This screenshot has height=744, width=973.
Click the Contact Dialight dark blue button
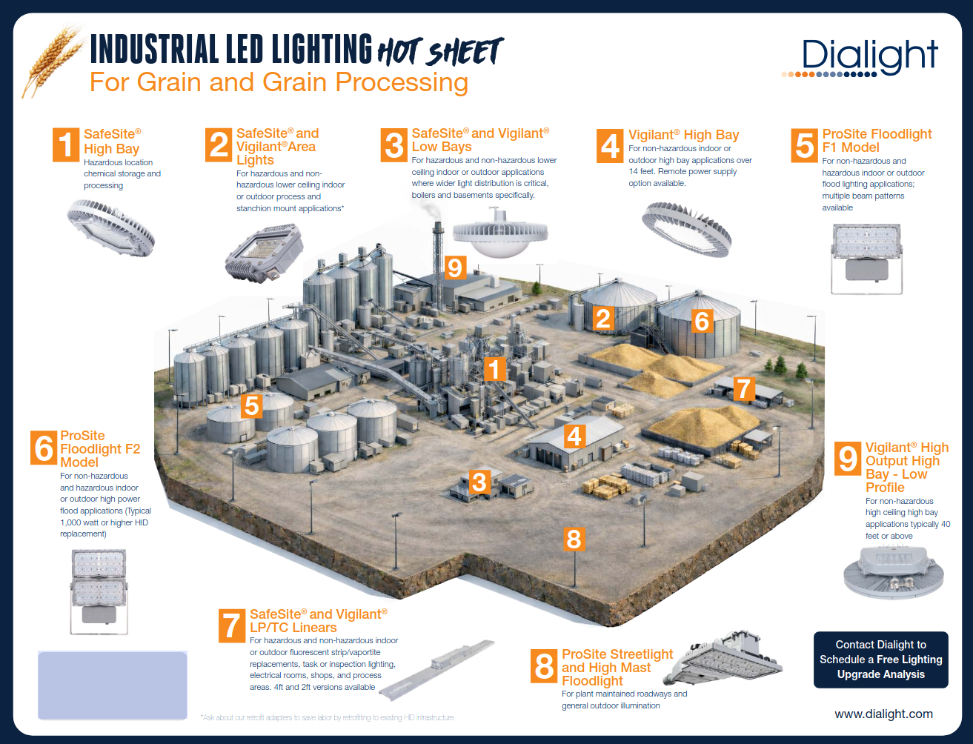click(x=881, y=660)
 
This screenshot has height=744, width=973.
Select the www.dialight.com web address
click(x=883, y=714)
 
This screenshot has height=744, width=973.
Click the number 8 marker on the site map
click(x=574, y=539)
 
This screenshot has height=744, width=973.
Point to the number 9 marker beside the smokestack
click(x=455, y=268)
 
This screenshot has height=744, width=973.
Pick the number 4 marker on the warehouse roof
click(x=574, y=436)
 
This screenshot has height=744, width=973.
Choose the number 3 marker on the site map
click(x=479, y=482)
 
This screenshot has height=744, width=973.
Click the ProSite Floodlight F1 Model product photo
click(x=866, y=259)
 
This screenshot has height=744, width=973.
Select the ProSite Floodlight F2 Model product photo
click(x=99, y=591)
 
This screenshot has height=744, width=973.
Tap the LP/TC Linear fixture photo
click(x=437, y=670)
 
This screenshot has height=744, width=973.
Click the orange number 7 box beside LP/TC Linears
click(x=232, y=625)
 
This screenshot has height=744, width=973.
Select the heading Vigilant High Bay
click(x=683, y=135)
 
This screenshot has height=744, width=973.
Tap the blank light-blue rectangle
click(x=113, y=685)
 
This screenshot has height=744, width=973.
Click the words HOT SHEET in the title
click(x=440, y=51)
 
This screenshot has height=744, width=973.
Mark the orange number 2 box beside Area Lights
click(x=219, y=145)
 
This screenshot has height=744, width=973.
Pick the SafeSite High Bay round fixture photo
click(x=111, y=227)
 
